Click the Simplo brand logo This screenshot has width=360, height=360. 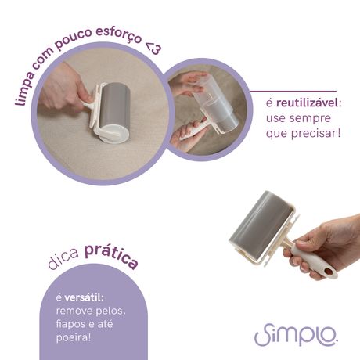(x=296, y=334)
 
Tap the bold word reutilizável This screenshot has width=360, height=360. (x=307, y=103)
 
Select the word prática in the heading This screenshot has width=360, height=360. (x=112, y=256)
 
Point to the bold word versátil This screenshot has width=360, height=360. (x=84, y=297)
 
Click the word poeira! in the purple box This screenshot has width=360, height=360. (x=74, y=337)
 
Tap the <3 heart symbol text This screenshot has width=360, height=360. (x=153, y=48)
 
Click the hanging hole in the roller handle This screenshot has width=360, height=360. (x=328, y=272)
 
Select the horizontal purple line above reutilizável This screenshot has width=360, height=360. (x=293, y=92)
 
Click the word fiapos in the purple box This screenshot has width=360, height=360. (x=70, y=324)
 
